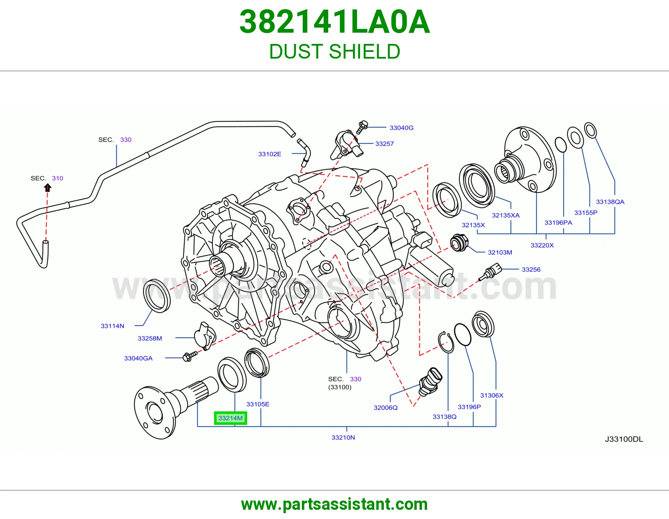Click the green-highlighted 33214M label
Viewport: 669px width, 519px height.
pos(230,418)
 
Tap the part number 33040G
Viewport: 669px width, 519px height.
pos(401,128)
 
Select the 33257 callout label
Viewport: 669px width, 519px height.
pos(385,144)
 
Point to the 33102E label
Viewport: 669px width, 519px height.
pos(270,154)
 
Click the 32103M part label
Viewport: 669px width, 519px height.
pos(500,252)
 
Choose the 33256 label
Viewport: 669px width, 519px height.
pos(531,270)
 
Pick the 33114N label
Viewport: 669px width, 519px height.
pos(112,326)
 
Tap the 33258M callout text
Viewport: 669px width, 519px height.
pos(150,338)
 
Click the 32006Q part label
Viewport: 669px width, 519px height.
pos(386,407)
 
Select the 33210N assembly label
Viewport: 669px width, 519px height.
pos(343,437)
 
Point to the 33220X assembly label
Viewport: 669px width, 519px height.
pos(542,245)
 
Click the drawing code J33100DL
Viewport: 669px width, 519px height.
pos(624,439)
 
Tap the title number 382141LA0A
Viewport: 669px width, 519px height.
pos(334,22)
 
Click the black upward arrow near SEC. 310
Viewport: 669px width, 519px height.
pos(47,188)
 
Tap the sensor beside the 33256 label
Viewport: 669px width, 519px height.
pos(490,272)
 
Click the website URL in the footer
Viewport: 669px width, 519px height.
pos(334,504)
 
